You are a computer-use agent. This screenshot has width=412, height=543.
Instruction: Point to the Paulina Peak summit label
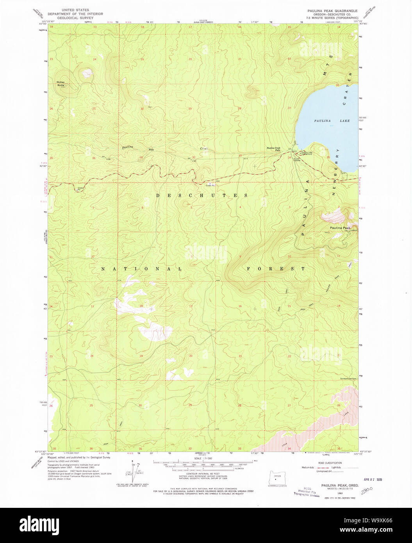pos(340,227)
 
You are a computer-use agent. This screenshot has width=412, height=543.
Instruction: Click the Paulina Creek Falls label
pos(274,149)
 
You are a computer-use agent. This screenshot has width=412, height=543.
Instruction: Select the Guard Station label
pos(297,159)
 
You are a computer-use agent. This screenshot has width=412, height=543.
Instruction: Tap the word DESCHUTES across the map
pos(202,195)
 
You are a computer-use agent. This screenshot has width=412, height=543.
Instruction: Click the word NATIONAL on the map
pos(142,269)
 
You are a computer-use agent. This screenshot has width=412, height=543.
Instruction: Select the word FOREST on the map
pos(276,269)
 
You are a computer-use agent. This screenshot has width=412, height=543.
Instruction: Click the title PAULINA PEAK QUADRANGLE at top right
pos(332,11)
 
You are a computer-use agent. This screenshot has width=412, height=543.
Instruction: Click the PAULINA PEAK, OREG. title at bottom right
pos(334,485)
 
